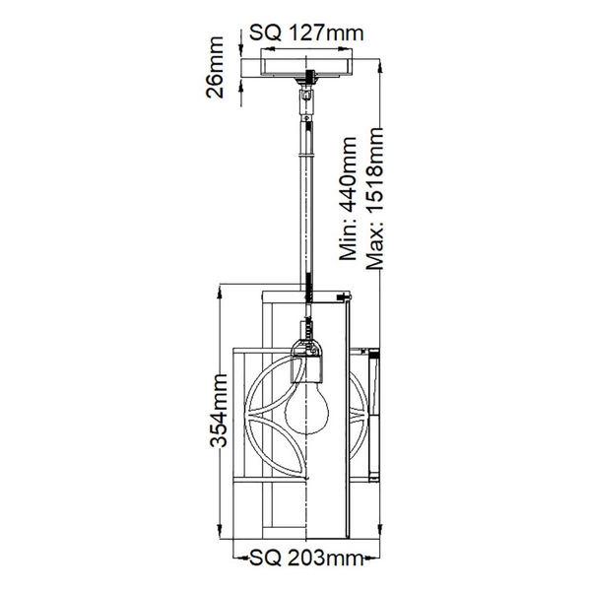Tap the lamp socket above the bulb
tap(309, 359)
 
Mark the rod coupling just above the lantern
tap(309, 290)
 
